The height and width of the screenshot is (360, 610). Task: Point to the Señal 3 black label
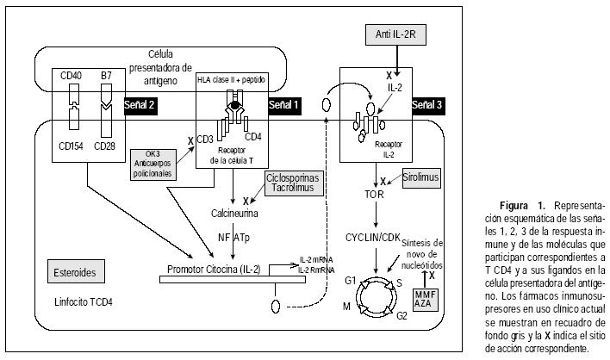pyautogui.click(x=427, y=104)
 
